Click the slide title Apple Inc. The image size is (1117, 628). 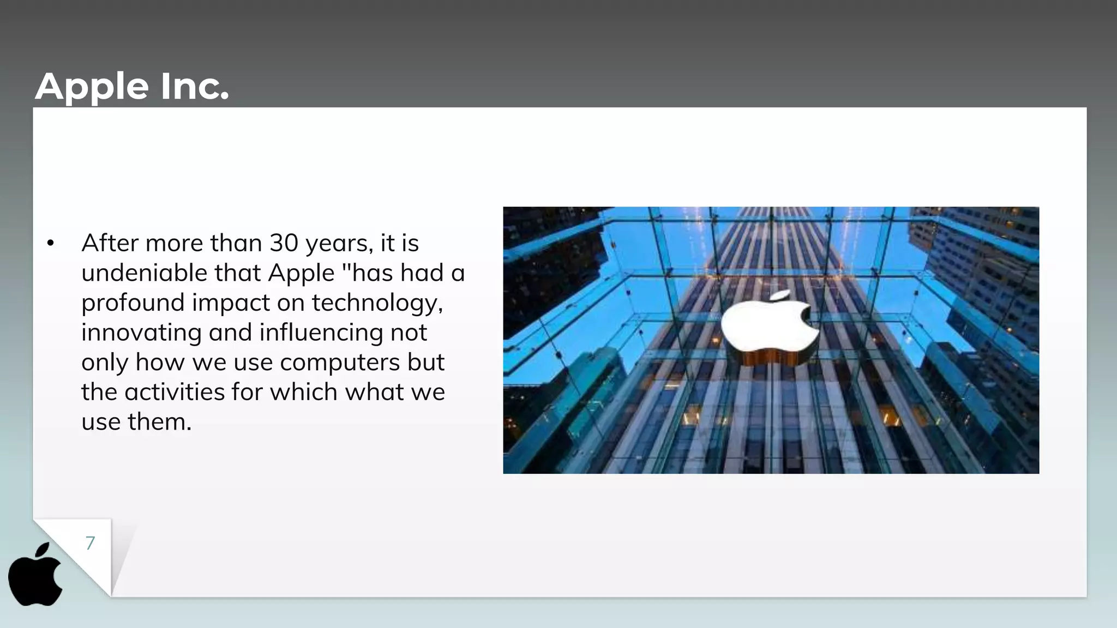pos(132,87)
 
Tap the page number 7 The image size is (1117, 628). pos(90,543)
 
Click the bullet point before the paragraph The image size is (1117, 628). pos(51,244)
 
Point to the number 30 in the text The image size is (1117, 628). pos(284,243)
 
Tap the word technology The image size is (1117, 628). pos(376,303)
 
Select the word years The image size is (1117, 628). pos(339,244)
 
